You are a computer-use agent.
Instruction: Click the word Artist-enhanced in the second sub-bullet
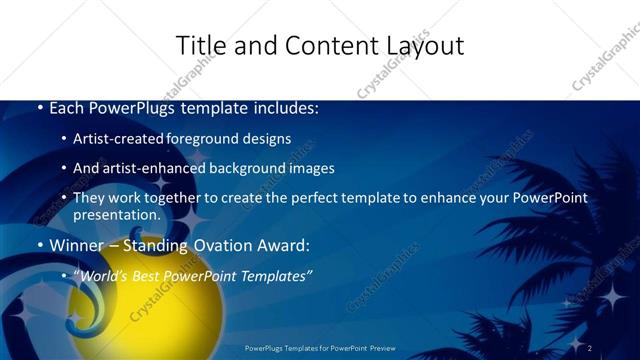(159, 168)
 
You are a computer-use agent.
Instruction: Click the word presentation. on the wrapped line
(116, 214)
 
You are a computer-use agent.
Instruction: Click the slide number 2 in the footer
(590, 348)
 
